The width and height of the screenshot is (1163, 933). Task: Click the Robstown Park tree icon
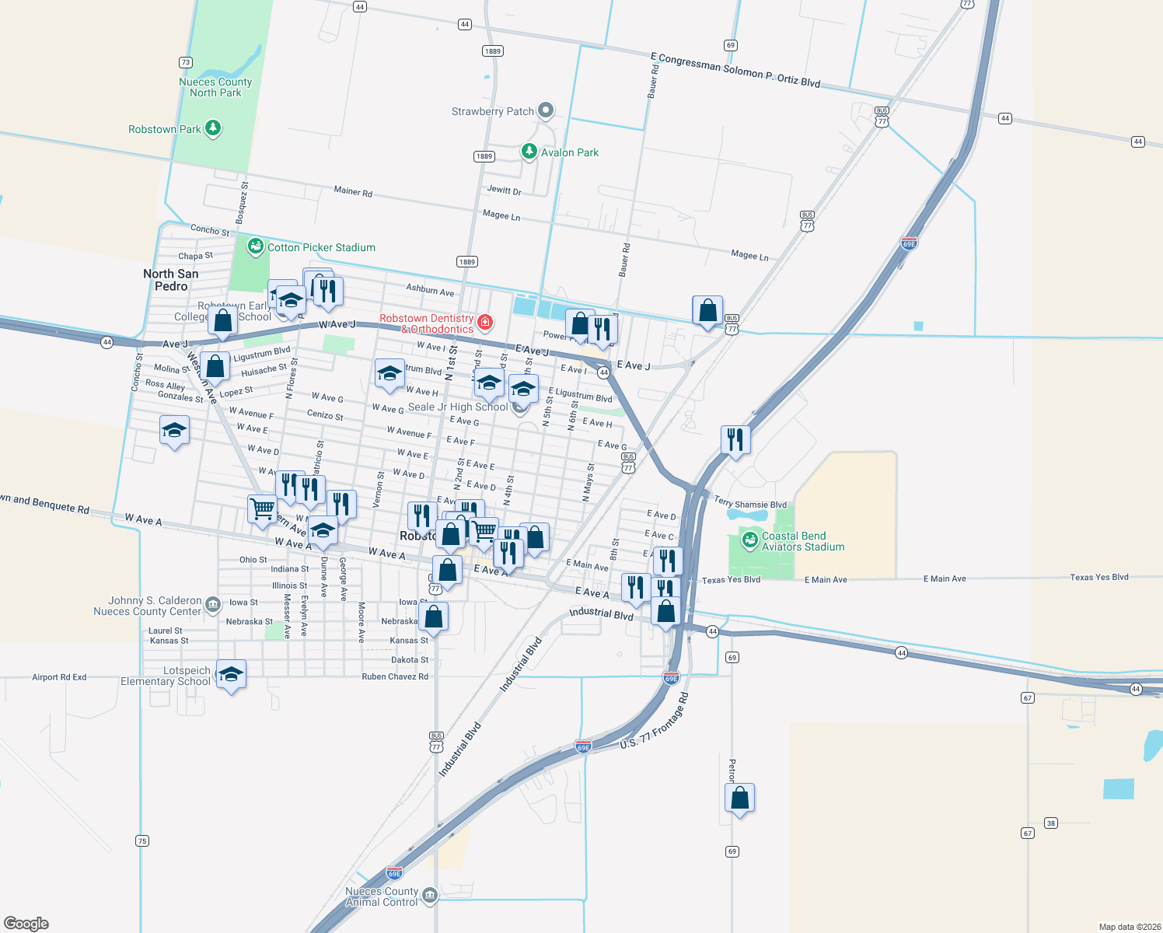[213, 128]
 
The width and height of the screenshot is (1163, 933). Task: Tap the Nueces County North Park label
[215, 87]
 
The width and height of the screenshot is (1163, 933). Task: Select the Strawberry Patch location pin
[546, 110]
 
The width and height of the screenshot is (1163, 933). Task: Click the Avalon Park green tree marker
[529, 151]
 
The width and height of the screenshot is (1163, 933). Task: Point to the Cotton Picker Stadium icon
[255, 247]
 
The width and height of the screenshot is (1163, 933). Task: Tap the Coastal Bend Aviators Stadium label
[803, 541]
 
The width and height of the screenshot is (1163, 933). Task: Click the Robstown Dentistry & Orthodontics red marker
[485, 321]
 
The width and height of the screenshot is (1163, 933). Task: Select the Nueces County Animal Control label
[382, 896]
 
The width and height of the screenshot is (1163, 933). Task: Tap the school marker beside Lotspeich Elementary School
[231, 674]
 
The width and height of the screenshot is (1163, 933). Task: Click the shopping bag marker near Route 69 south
[739, 798]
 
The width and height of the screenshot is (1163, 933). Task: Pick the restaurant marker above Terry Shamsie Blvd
[735, 440]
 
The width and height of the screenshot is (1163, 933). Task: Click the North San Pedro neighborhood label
[171, 280]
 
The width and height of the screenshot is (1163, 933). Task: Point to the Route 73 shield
[185, 62]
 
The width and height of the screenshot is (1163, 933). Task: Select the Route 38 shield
[1051, 823]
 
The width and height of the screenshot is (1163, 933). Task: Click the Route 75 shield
[141, 840]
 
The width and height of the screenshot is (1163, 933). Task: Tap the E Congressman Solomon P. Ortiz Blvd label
[735, 70]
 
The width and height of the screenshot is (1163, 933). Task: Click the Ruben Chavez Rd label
[395, 676]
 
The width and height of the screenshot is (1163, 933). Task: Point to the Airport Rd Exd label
[59, 677]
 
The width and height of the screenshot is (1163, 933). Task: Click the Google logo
[26, 923]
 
